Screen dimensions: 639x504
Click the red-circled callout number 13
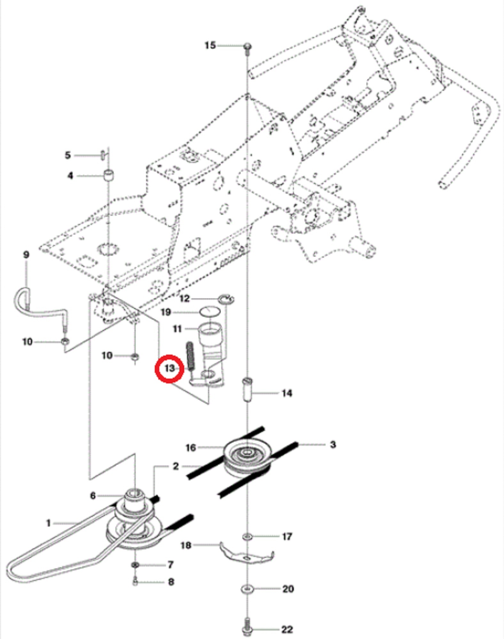pyautogui.click(x=169, y=368)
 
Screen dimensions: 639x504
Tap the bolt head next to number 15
pyautogui.click(x=248, y=47)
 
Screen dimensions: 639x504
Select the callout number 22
pyautogui.click(x=287, y=629)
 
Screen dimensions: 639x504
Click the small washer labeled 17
pyautogui.click(x=247, y=536)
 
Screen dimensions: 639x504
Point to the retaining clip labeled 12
pyautogui.click(x=226, y=299)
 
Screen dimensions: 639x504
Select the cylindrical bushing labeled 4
pyautogui.click(x=109, y=175)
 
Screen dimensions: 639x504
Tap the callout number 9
pyautogui.click(x=26, y=255)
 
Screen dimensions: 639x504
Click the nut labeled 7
pyautogui.click(x=135, y=565)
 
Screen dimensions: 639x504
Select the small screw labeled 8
pyautogui.click(x=135, y=582)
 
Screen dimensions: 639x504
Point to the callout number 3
pyautogui.click(x=333, y=444)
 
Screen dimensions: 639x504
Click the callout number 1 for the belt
pyautogui.click(x=49, y=523)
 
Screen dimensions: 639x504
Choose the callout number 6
pyautogui.click(x=93, y=496)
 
